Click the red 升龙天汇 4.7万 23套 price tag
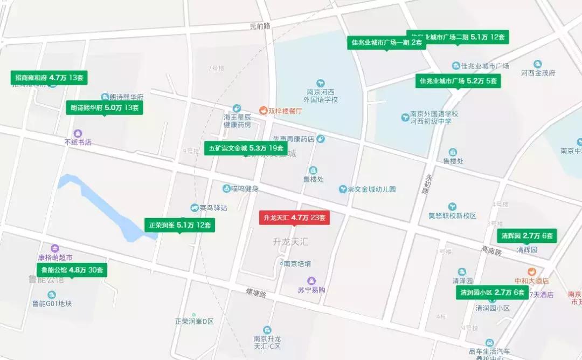294,218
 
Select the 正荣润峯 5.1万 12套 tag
179,225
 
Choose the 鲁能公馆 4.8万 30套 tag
72,270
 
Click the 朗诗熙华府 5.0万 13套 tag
105,108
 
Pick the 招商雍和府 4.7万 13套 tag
49,78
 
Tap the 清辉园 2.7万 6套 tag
526,236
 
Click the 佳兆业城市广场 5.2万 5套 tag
458,81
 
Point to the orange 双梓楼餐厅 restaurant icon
263,111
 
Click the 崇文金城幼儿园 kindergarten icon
342,189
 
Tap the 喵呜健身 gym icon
226,188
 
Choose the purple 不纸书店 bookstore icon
78,133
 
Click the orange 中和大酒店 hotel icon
531,271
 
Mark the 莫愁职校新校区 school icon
453,206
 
